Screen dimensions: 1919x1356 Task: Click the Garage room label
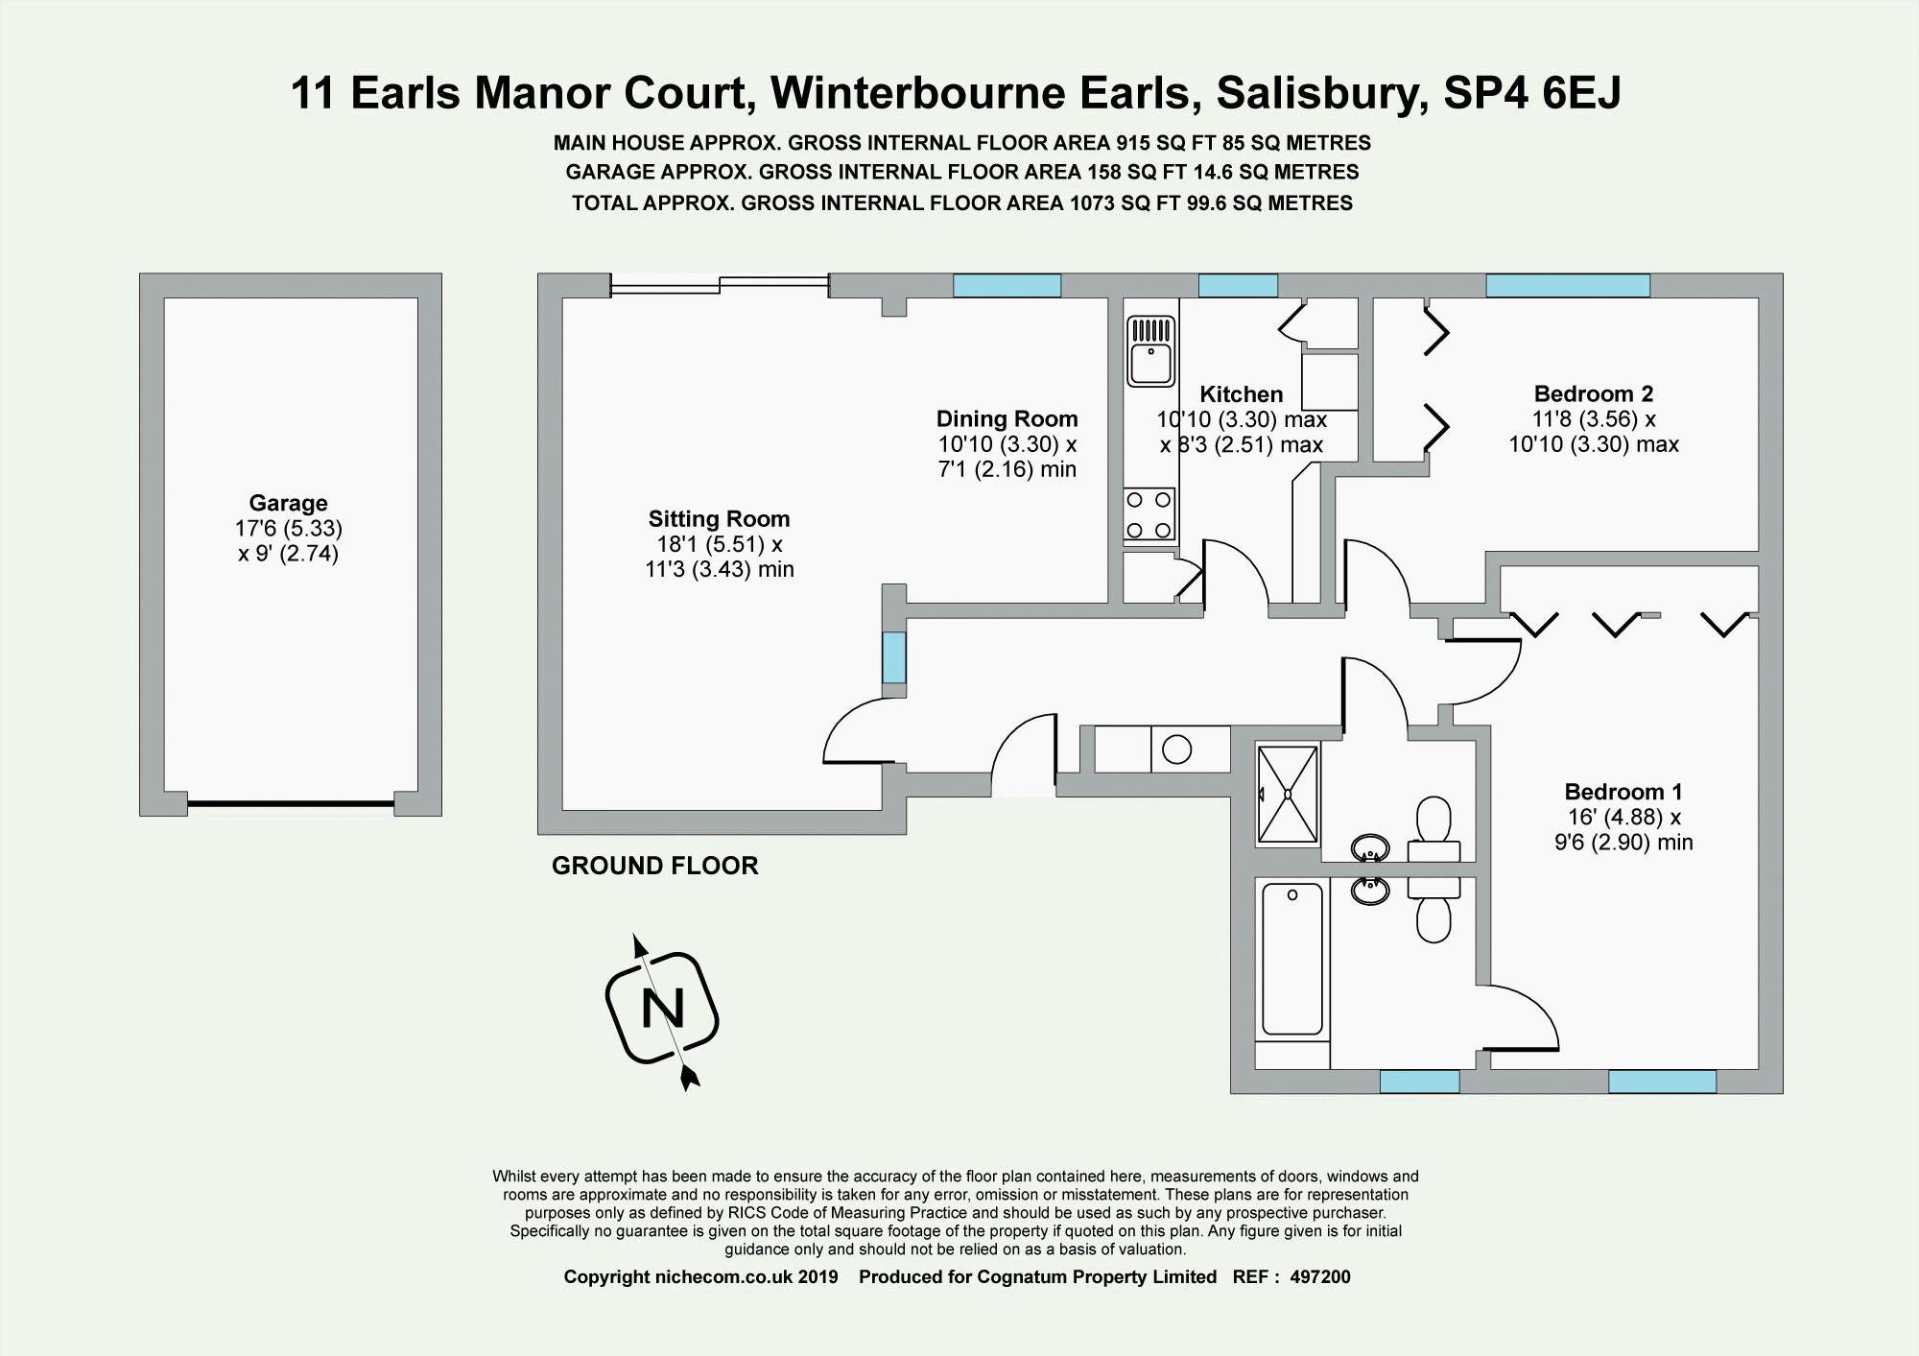pyautogui.click(x=288, y=503)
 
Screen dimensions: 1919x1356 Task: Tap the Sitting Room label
pyautogui.click(x=719, y=519)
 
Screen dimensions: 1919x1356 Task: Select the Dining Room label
pyautogui.click(x=1007, y=419)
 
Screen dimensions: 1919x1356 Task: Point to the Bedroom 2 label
pyautogui.click(x=1593, y=393)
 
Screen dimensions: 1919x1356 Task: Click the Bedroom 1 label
pyautogui.click(x=1623, y=792)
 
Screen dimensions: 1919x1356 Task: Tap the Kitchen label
pyautogui.click(x=1241, y=394)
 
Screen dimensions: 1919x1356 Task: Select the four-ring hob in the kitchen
pyautogui.click(x=1149, y=514)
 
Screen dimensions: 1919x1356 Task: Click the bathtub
pyautogui.click(x=1291, y=959)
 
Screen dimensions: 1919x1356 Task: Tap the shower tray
pyautogui.click(x=1289, y=794)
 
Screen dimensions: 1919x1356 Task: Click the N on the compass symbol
pyautogui.click(x=663, y=1009)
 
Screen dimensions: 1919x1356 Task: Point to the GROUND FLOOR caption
pyautogui.click(x=654, y=866)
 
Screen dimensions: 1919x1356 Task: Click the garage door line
pyautogui.click(x=290, y=803)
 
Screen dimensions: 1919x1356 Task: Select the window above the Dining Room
pyautogui.click(x=1007, y=285)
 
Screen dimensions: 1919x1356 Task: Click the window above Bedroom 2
pyautogui.click(x=1567, y=285)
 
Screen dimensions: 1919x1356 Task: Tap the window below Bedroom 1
pyautogui.click(x=1661, y=1082)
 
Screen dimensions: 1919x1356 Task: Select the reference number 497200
pyautogui.click(x=1319, y=1277)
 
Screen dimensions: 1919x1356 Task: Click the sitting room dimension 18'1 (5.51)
pyautogui.click(x=715, y=544)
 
